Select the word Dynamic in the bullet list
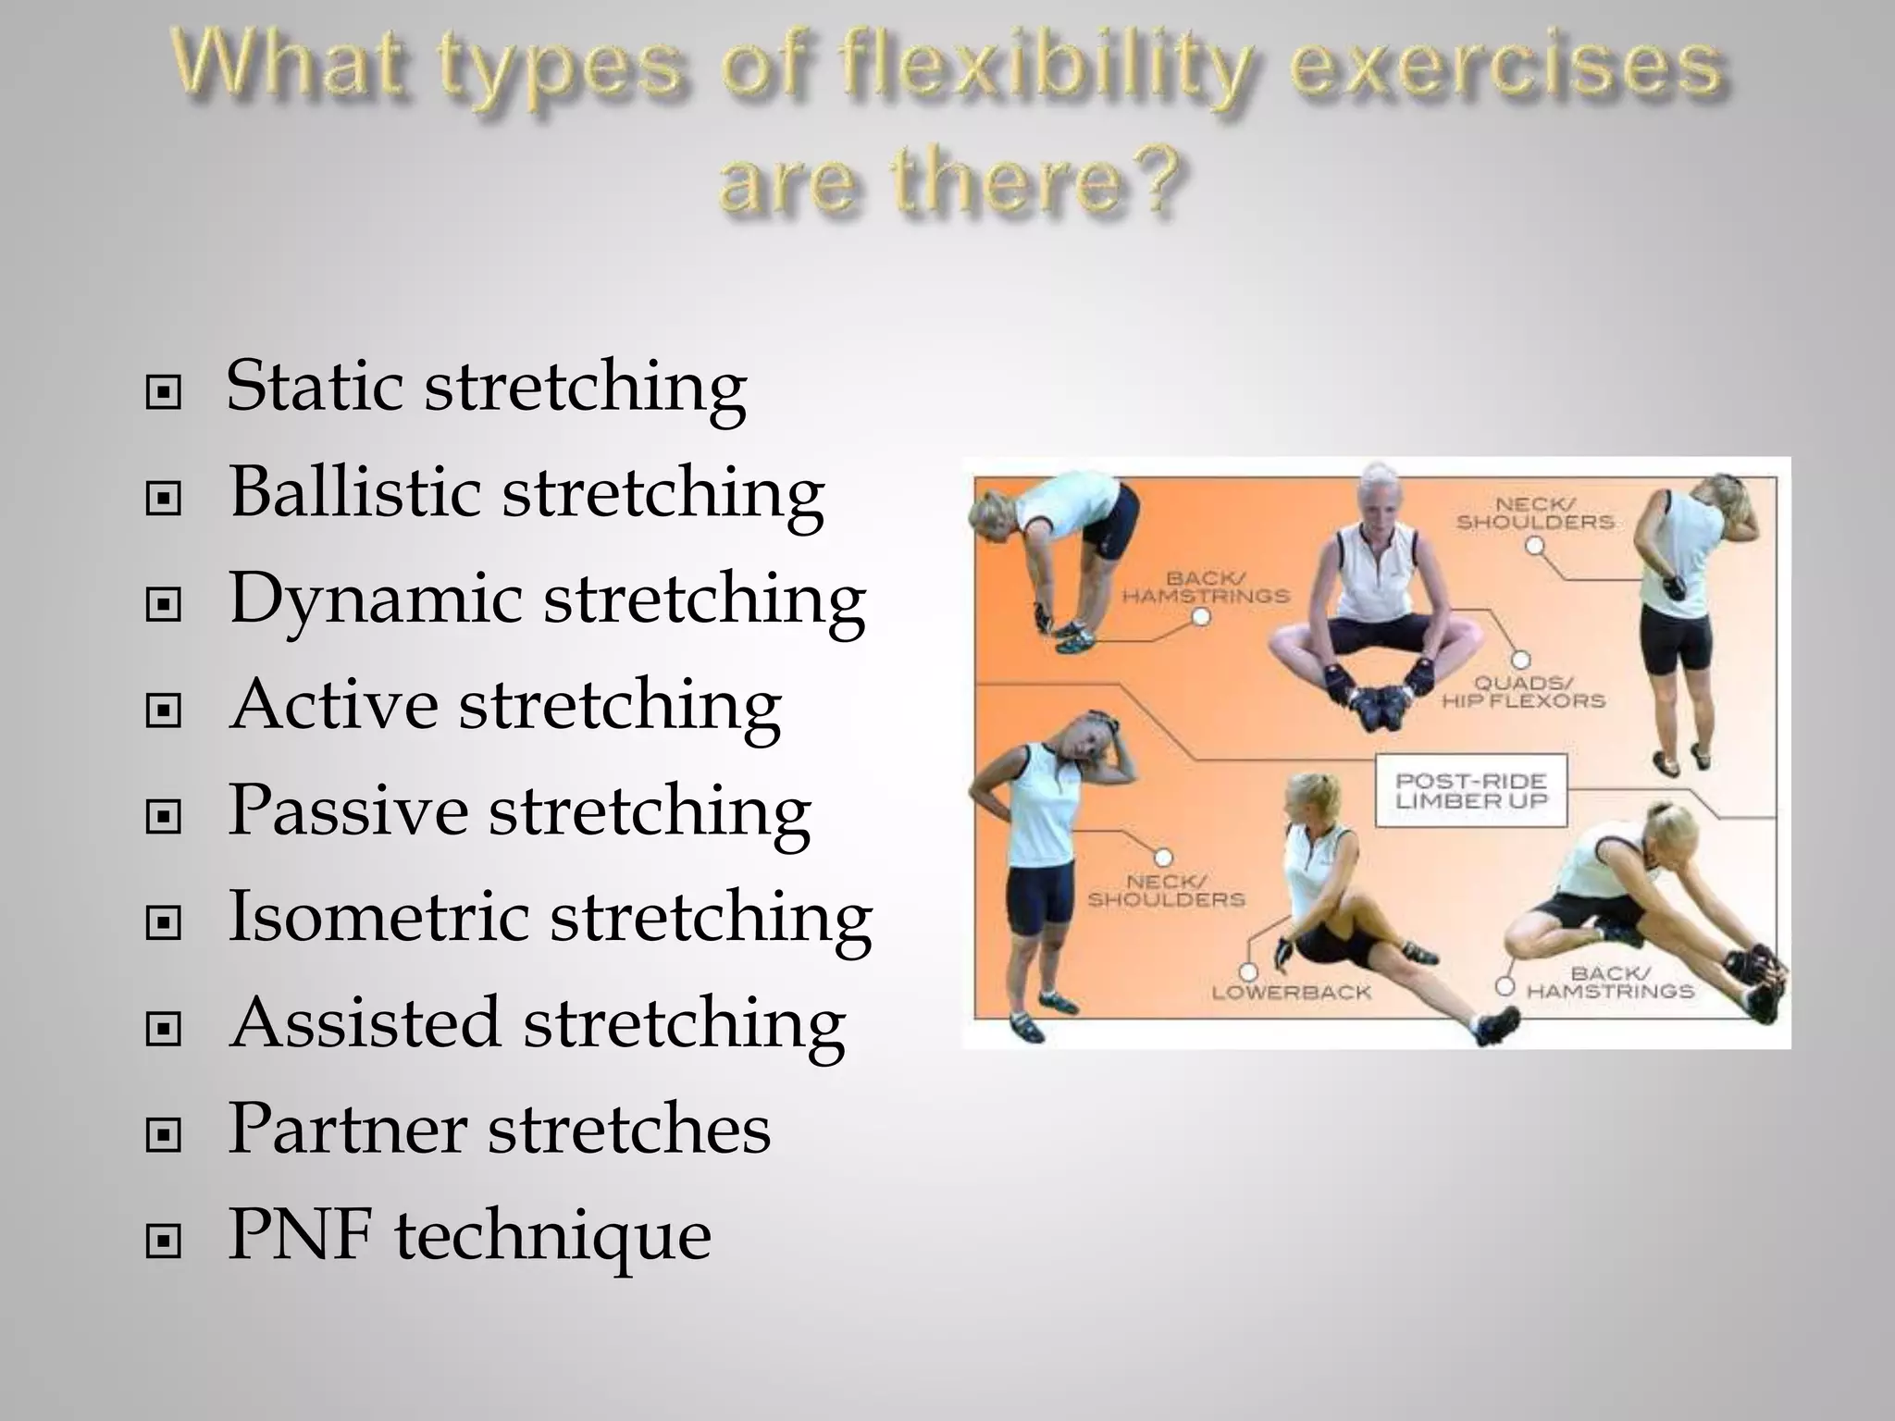coord(375,599)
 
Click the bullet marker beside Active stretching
coord(164,711)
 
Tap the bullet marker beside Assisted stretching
coord(164,1028)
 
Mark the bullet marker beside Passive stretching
coord(164,817)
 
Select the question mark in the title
coord(1154,180)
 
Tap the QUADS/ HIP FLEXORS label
coord(1523,692)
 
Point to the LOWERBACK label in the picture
coord(1291,993)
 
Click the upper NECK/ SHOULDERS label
coord(1535,513)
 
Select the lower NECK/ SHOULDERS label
coord(1166,891)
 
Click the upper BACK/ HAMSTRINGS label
coord(1205,587)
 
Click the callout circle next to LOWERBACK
coord(1248,971)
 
